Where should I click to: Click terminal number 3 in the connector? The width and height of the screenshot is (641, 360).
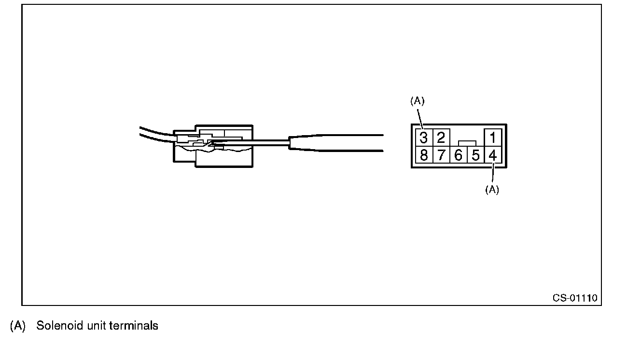click(x=423, y=138)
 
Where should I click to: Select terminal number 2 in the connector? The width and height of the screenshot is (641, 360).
click(x=441, y=138)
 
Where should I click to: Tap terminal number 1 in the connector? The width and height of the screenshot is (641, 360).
click(x=492, y=138)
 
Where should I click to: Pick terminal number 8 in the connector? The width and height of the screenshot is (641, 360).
click(x=423, y=156)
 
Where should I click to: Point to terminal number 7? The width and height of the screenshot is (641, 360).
click(x=441, y=156)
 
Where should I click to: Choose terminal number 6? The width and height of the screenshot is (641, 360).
click(x=458, y=156)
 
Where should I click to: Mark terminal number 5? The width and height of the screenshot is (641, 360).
click(x=475, y=156)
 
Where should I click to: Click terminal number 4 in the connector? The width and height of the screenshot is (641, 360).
click(x=492, y=156)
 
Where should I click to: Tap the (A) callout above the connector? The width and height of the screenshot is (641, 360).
click(x=417, y=101)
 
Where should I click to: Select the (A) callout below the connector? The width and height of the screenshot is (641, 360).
click(x=492, y=190)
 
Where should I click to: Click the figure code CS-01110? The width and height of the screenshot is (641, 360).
click(x=575, y=298)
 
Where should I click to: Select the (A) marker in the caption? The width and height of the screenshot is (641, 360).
click(x=18, y=326)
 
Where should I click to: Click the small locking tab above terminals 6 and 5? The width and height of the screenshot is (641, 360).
click(x=467, y=143)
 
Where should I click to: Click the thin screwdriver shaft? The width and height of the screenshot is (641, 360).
click(x=251, y=141)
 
